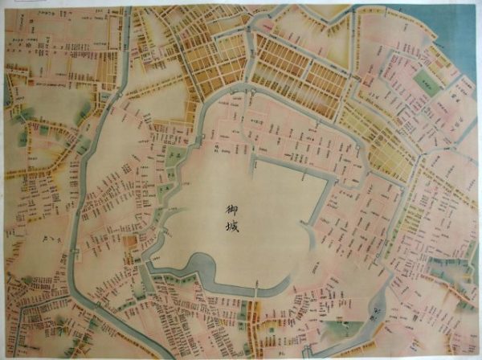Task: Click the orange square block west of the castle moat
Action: click(x=129, y=241)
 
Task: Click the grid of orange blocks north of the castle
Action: click(x=297, y=72)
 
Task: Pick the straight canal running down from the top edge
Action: click(x=126, y=48)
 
